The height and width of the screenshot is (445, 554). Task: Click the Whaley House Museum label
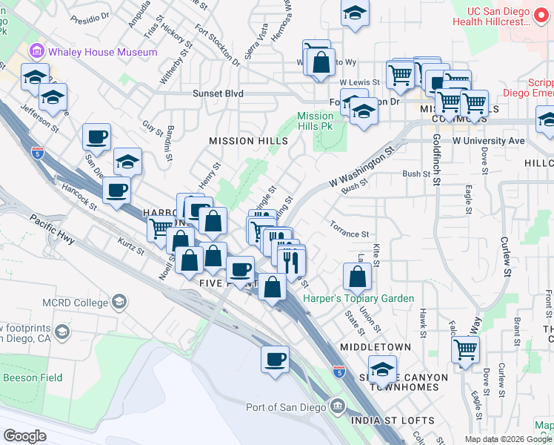coord(103,52)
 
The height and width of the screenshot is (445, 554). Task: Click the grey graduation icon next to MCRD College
coord(119,302)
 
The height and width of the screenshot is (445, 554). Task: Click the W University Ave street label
coord(488,140)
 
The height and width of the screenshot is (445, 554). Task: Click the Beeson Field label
coord(30,377)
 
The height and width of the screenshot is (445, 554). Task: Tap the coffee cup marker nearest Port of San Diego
coord(276,359)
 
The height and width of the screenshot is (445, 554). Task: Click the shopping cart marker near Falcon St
coord(465,348)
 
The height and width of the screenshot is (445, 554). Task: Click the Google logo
coord(24,436)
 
